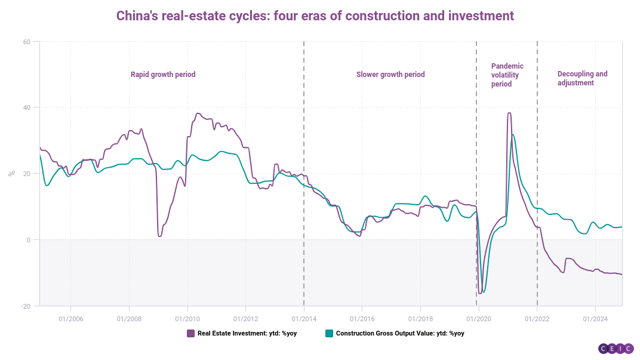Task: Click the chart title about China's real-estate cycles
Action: [x=315, y=16]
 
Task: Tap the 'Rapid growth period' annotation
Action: [x=163, y=75]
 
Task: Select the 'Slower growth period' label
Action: [x=390, y=75]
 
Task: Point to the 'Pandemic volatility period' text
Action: [x=507, y=75]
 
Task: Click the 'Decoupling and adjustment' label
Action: [x=582, y=78]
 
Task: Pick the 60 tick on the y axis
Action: [x=27, y=42]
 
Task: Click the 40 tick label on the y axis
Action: [x=27, y=107]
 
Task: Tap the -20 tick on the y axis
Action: [x=26, y=306]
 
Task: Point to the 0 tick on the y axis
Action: [x=29, y=240]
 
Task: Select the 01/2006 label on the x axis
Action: [x=70, y=318]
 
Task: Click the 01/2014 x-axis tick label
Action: [x=304, y=318]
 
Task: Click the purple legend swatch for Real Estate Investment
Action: [x=191, y=333]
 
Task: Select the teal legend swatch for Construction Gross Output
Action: [x=329, y=333]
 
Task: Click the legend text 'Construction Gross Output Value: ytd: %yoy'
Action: [x=400, y=333]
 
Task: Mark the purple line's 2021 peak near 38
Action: [x=509, y=113]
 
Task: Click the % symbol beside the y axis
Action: [x=11, y=174]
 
